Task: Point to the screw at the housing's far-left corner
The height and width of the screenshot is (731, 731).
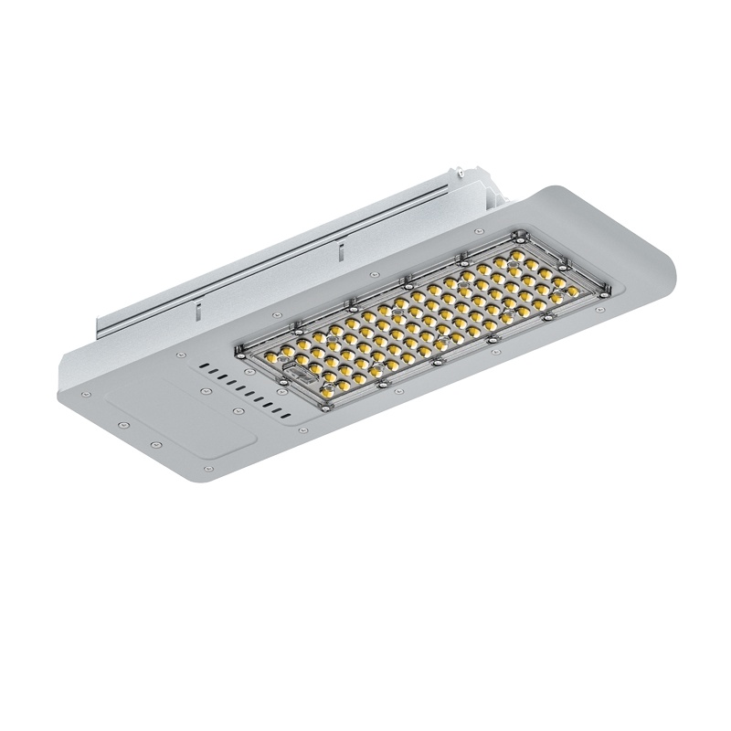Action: pyautogui.click(x=85, y=392)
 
